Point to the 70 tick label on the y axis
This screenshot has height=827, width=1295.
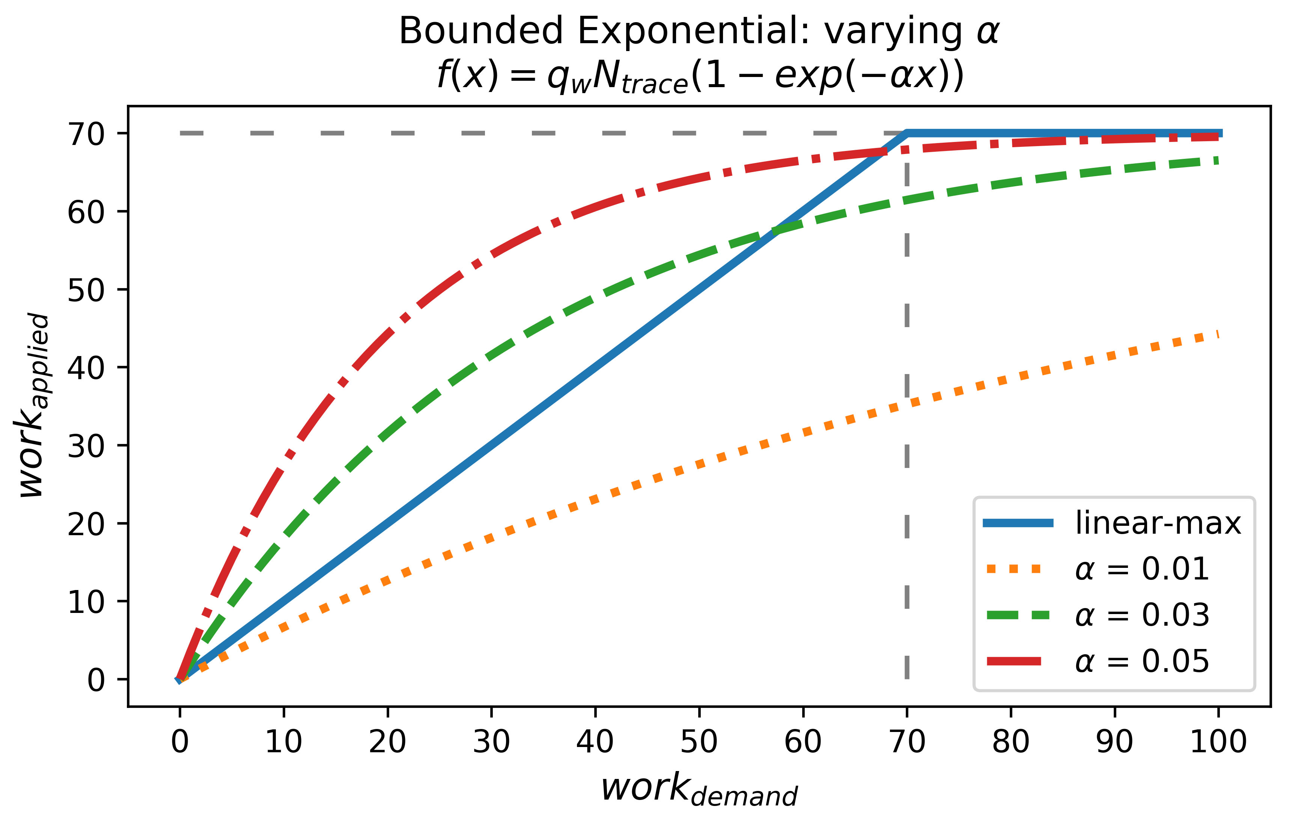[x=86, y=134]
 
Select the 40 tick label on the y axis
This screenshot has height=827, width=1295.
[x=86, y=368]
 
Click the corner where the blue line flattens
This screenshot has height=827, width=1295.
[x=907, y=133]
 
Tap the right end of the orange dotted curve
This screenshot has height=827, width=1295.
[x=1217, y=335]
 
